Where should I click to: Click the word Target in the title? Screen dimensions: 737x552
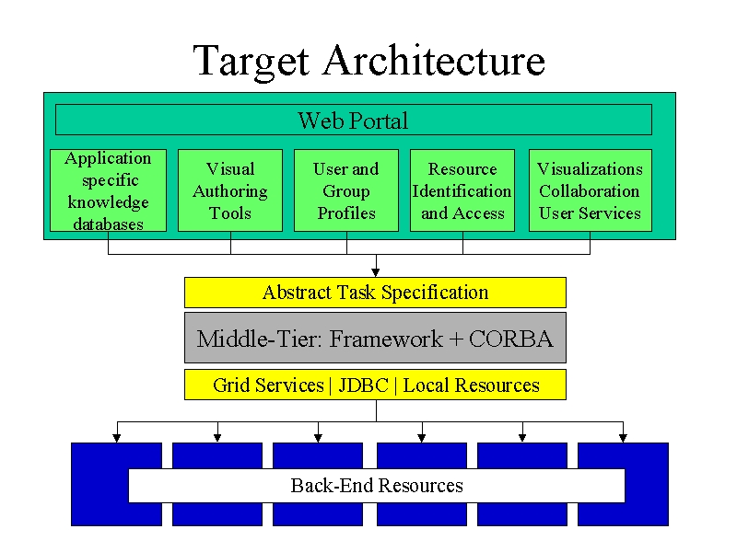click(x=252, y=61)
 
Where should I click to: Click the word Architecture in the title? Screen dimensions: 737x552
click(x=434, y=60)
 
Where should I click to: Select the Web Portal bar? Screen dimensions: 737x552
click(x=354, y=120)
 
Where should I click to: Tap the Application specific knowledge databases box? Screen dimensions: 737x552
click(x=108, y=190)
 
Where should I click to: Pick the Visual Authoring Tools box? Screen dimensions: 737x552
click(x=230, y=190)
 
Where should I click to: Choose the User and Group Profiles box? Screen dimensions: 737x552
click(x=346, y=190)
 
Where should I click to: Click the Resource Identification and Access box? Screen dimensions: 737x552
click(x=462, y=190)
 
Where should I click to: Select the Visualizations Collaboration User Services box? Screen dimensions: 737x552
click(x=591, y=190)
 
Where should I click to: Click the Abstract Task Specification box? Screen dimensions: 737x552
click(x=375, y=293)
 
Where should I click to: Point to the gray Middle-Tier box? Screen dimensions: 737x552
click(x=375, y=338)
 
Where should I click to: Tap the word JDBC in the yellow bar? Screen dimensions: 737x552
click(x=363, y=385)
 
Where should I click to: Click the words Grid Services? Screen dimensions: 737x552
click(x=268, y=385)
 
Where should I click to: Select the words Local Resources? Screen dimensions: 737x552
click(x=472, y=385)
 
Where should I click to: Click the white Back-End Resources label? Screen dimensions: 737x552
click(x=377, y=486)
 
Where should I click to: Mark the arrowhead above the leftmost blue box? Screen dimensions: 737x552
click(x=117, y=438)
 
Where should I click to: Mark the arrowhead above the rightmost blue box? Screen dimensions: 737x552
click(x=624, y=438)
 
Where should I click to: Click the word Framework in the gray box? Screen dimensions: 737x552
click(x=385, y=339)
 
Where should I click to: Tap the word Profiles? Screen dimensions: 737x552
click(x=346, y=213)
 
